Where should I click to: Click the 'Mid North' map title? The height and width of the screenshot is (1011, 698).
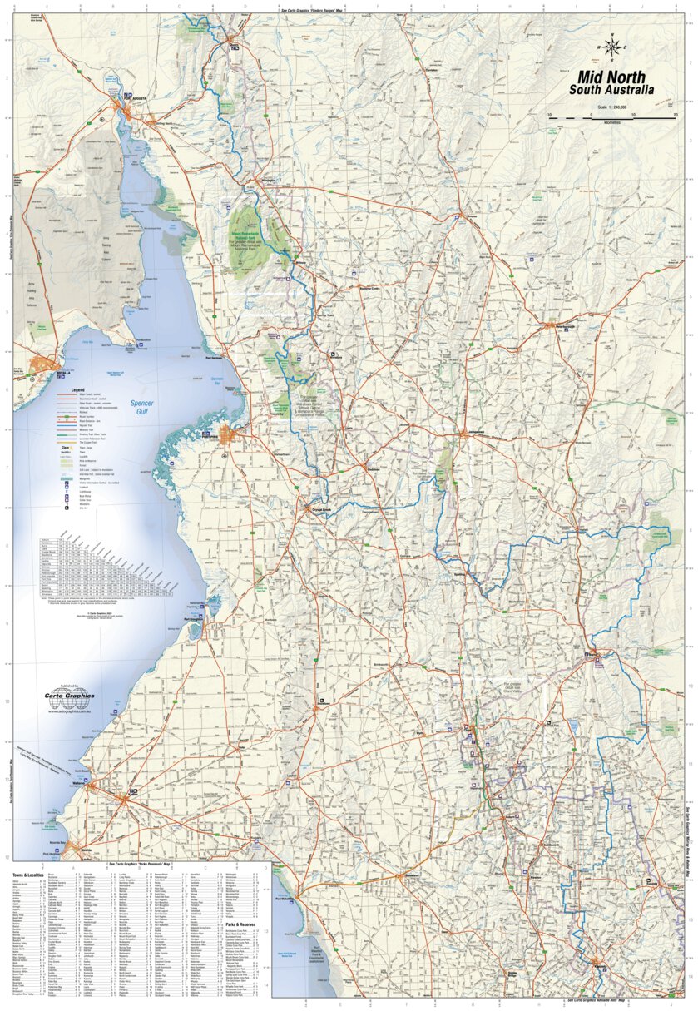[611, 77]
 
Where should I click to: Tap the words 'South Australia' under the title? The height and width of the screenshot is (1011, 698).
[611, 91]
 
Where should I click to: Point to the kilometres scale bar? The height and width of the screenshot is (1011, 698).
[612, 119]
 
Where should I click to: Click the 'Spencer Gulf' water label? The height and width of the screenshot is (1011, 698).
[141, 407]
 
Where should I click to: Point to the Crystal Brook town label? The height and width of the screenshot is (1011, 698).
[322, 507]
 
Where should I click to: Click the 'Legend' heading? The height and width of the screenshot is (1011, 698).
[77, 389]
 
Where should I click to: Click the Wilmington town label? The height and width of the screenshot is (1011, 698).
[268, 180]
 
